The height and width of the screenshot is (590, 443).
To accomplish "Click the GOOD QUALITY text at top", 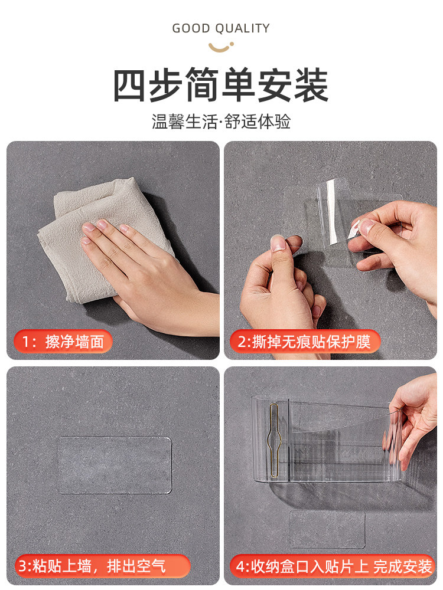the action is click(x=221, y=28).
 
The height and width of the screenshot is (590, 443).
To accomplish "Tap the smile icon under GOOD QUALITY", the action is click(x=221, y=47).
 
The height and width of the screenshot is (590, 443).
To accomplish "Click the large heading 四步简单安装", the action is click(x=221, y=85).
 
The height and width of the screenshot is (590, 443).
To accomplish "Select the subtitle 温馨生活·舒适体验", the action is click(x=221, y=122).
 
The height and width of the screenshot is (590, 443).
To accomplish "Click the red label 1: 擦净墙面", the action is click(x=63, y=342).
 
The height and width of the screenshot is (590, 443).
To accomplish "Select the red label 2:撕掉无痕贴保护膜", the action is click(x=305, y=342).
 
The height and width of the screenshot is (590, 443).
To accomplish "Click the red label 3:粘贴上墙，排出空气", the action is click(x=102, y=566).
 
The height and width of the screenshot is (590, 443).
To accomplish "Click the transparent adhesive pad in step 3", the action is click(x=114, y=465).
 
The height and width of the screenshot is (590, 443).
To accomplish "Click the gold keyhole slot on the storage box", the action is click(x=274, y=441).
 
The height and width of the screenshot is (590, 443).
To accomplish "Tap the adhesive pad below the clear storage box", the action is click(x=327, y=529).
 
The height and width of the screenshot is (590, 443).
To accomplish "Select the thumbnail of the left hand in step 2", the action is click(x=278, y=244).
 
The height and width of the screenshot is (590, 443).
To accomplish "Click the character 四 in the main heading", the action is click(x=129, y=86).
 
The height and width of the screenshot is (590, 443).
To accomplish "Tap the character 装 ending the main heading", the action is click(x=311, y=86).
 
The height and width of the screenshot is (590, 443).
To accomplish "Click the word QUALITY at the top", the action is click(x=243, y=28).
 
